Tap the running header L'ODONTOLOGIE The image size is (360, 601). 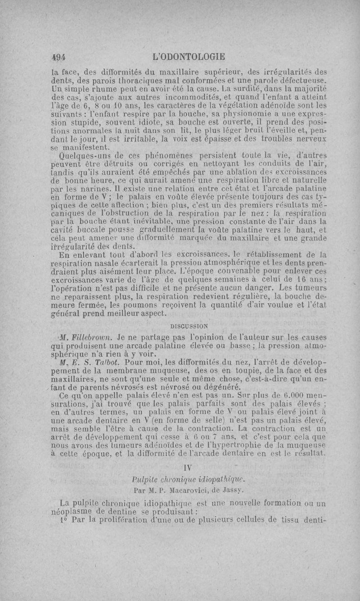point(189,57)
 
